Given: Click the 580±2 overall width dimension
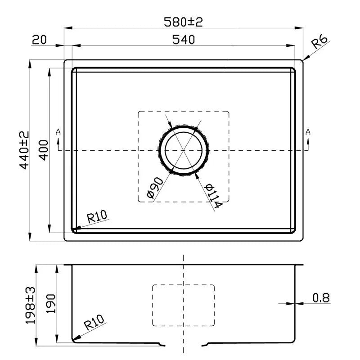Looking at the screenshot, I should click(x=184, y=21).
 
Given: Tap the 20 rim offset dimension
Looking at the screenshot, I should click(x=40, y=40).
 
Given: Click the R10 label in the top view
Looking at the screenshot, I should click(x=97, y=218).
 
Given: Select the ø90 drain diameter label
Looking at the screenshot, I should click(x=154, y=188).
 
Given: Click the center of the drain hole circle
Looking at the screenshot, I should click(x=183, y=150).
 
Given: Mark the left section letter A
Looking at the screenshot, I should click(x=58, y=132).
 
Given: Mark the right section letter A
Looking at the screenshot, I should click(x=308, y=132).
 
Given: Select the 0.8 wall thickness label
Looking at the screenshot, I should click(x=321, y=297).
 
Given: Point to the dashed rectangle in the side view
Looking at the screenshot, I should click(x=184, y=305).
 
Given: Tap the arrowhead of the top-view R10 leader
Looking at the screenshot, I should click(x=75, y=228).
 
